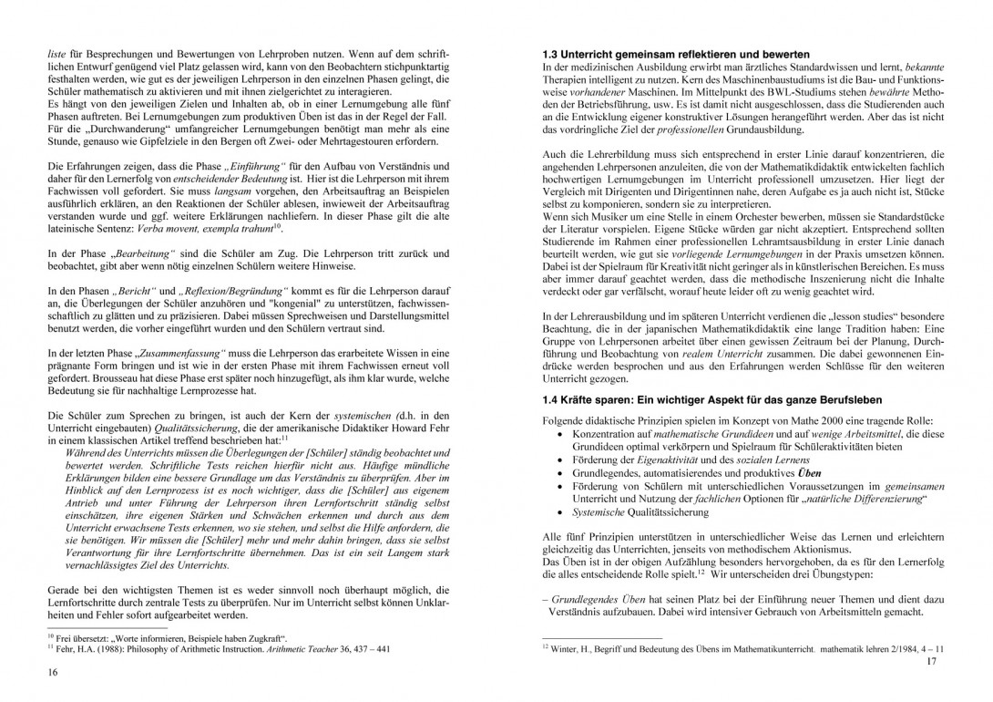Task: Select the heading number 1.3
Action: (x=551, y=55)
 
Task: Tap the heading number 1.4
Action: (x=551, y=400)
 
